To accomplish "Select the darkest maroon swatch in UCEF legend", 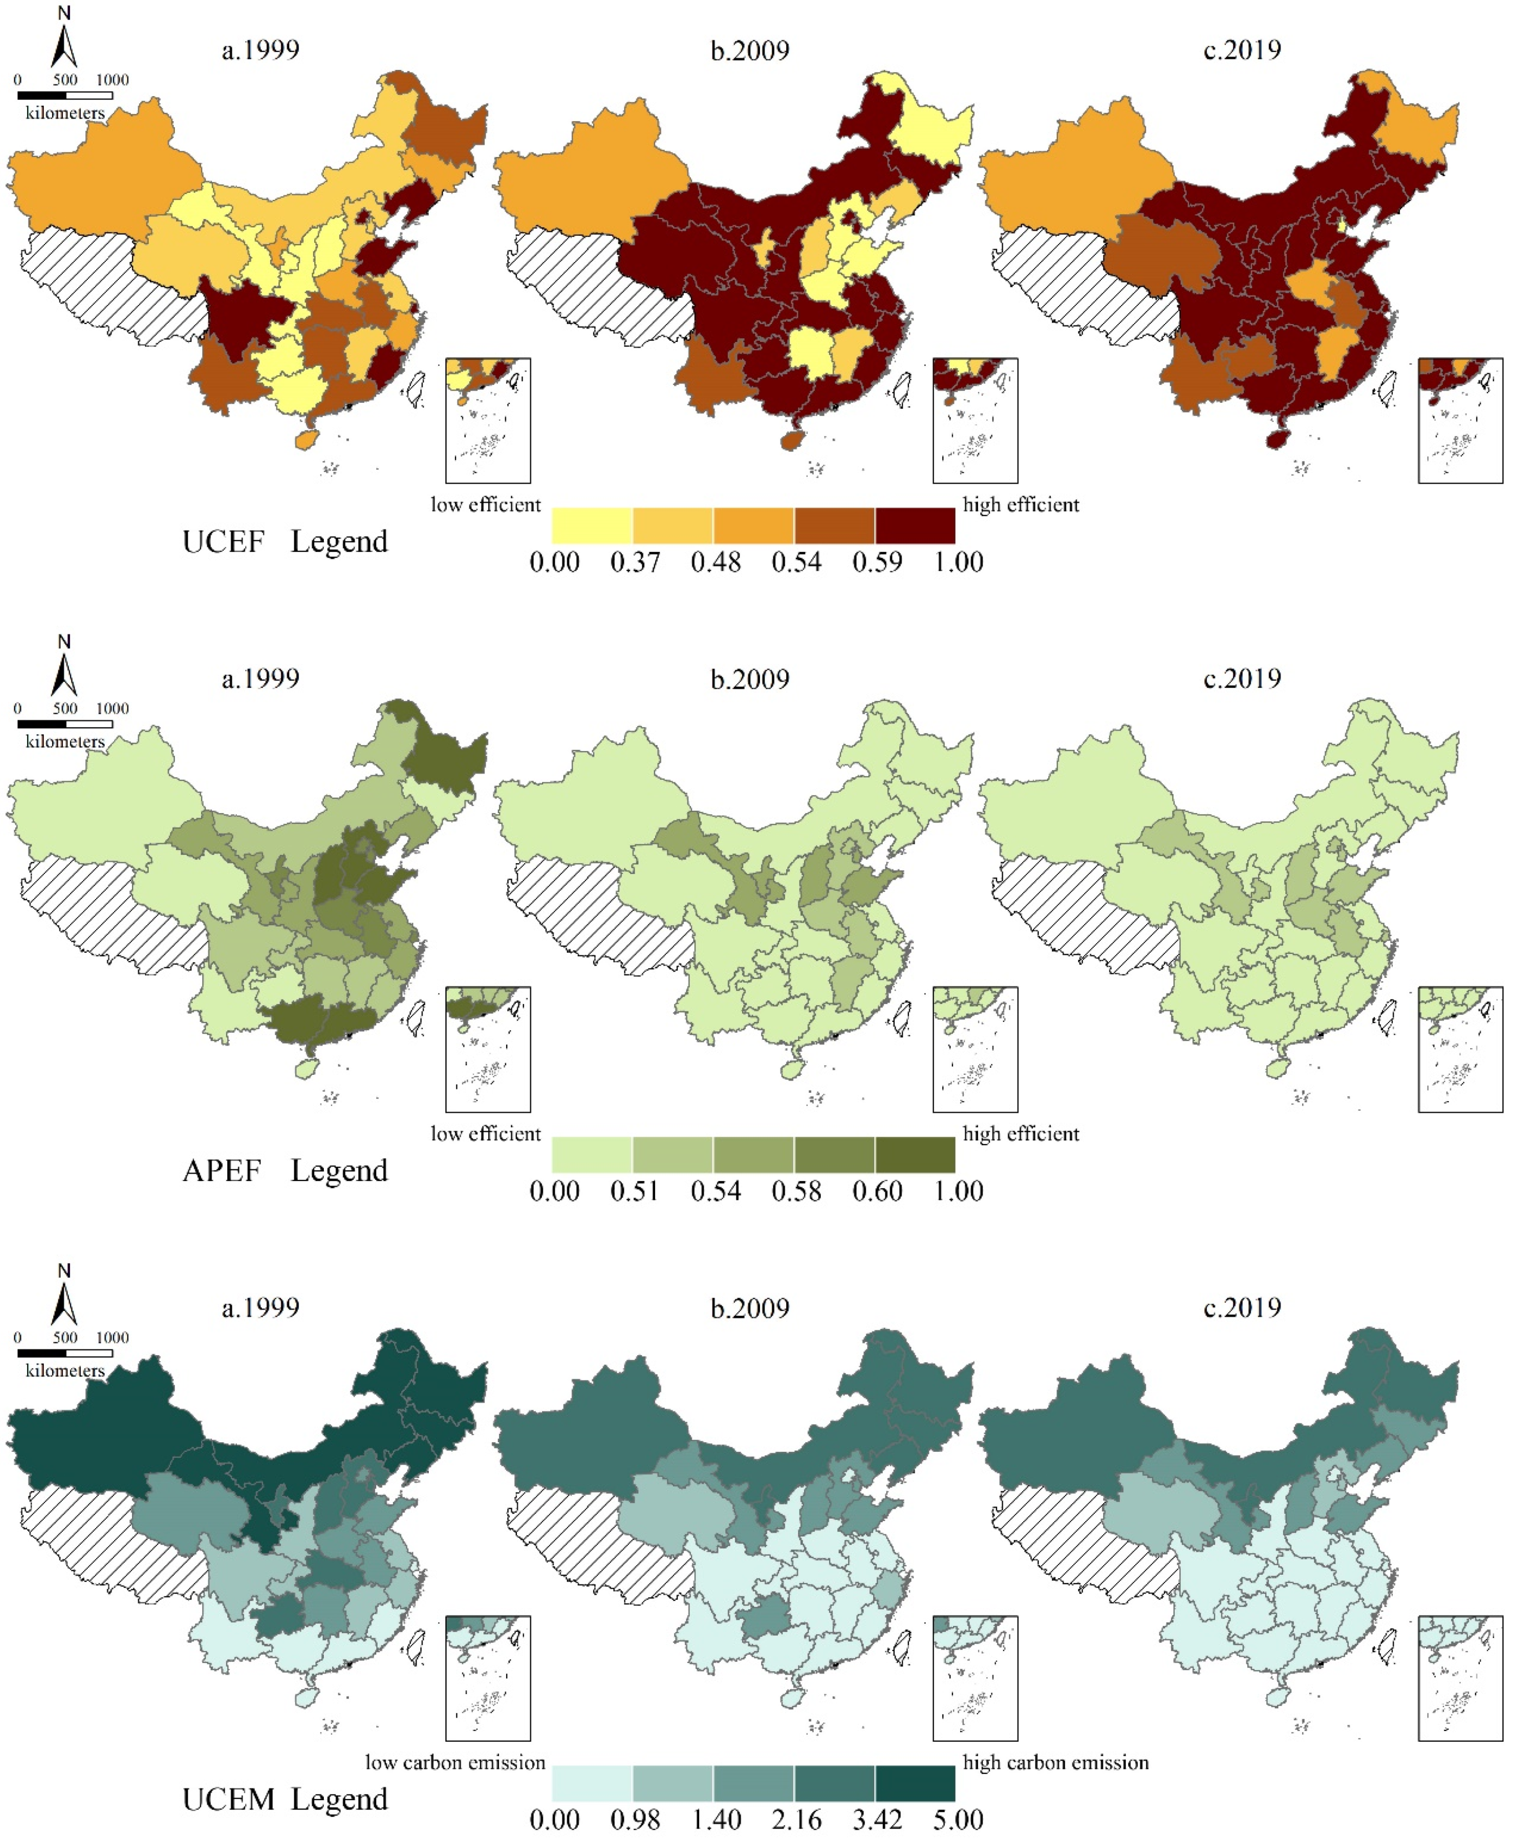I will click(915, 526).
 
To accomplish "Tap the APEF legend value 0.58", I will click(796, 1191).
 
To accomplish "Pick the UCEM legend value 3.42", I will click(877, 1821).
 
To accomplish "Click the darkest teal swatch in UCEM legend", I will click(915, 1784).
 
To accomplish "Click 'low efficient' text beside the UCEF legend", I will click(485, 505).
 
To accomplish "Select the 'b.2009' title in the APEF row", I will click(749, 679).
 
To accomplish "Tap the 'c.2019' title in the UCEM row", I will click(1242, 1308).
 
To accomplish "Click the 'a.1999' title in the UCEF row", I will click(260, 50).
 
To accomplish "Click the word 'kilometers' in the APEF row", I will click(64, 742).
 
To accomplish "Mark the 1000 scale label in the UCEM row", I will click(112, 1338).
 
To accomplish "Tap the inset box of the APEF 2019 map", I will click(1460, 1049).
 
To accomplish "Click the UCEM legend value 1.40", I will click(715, 1821).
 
